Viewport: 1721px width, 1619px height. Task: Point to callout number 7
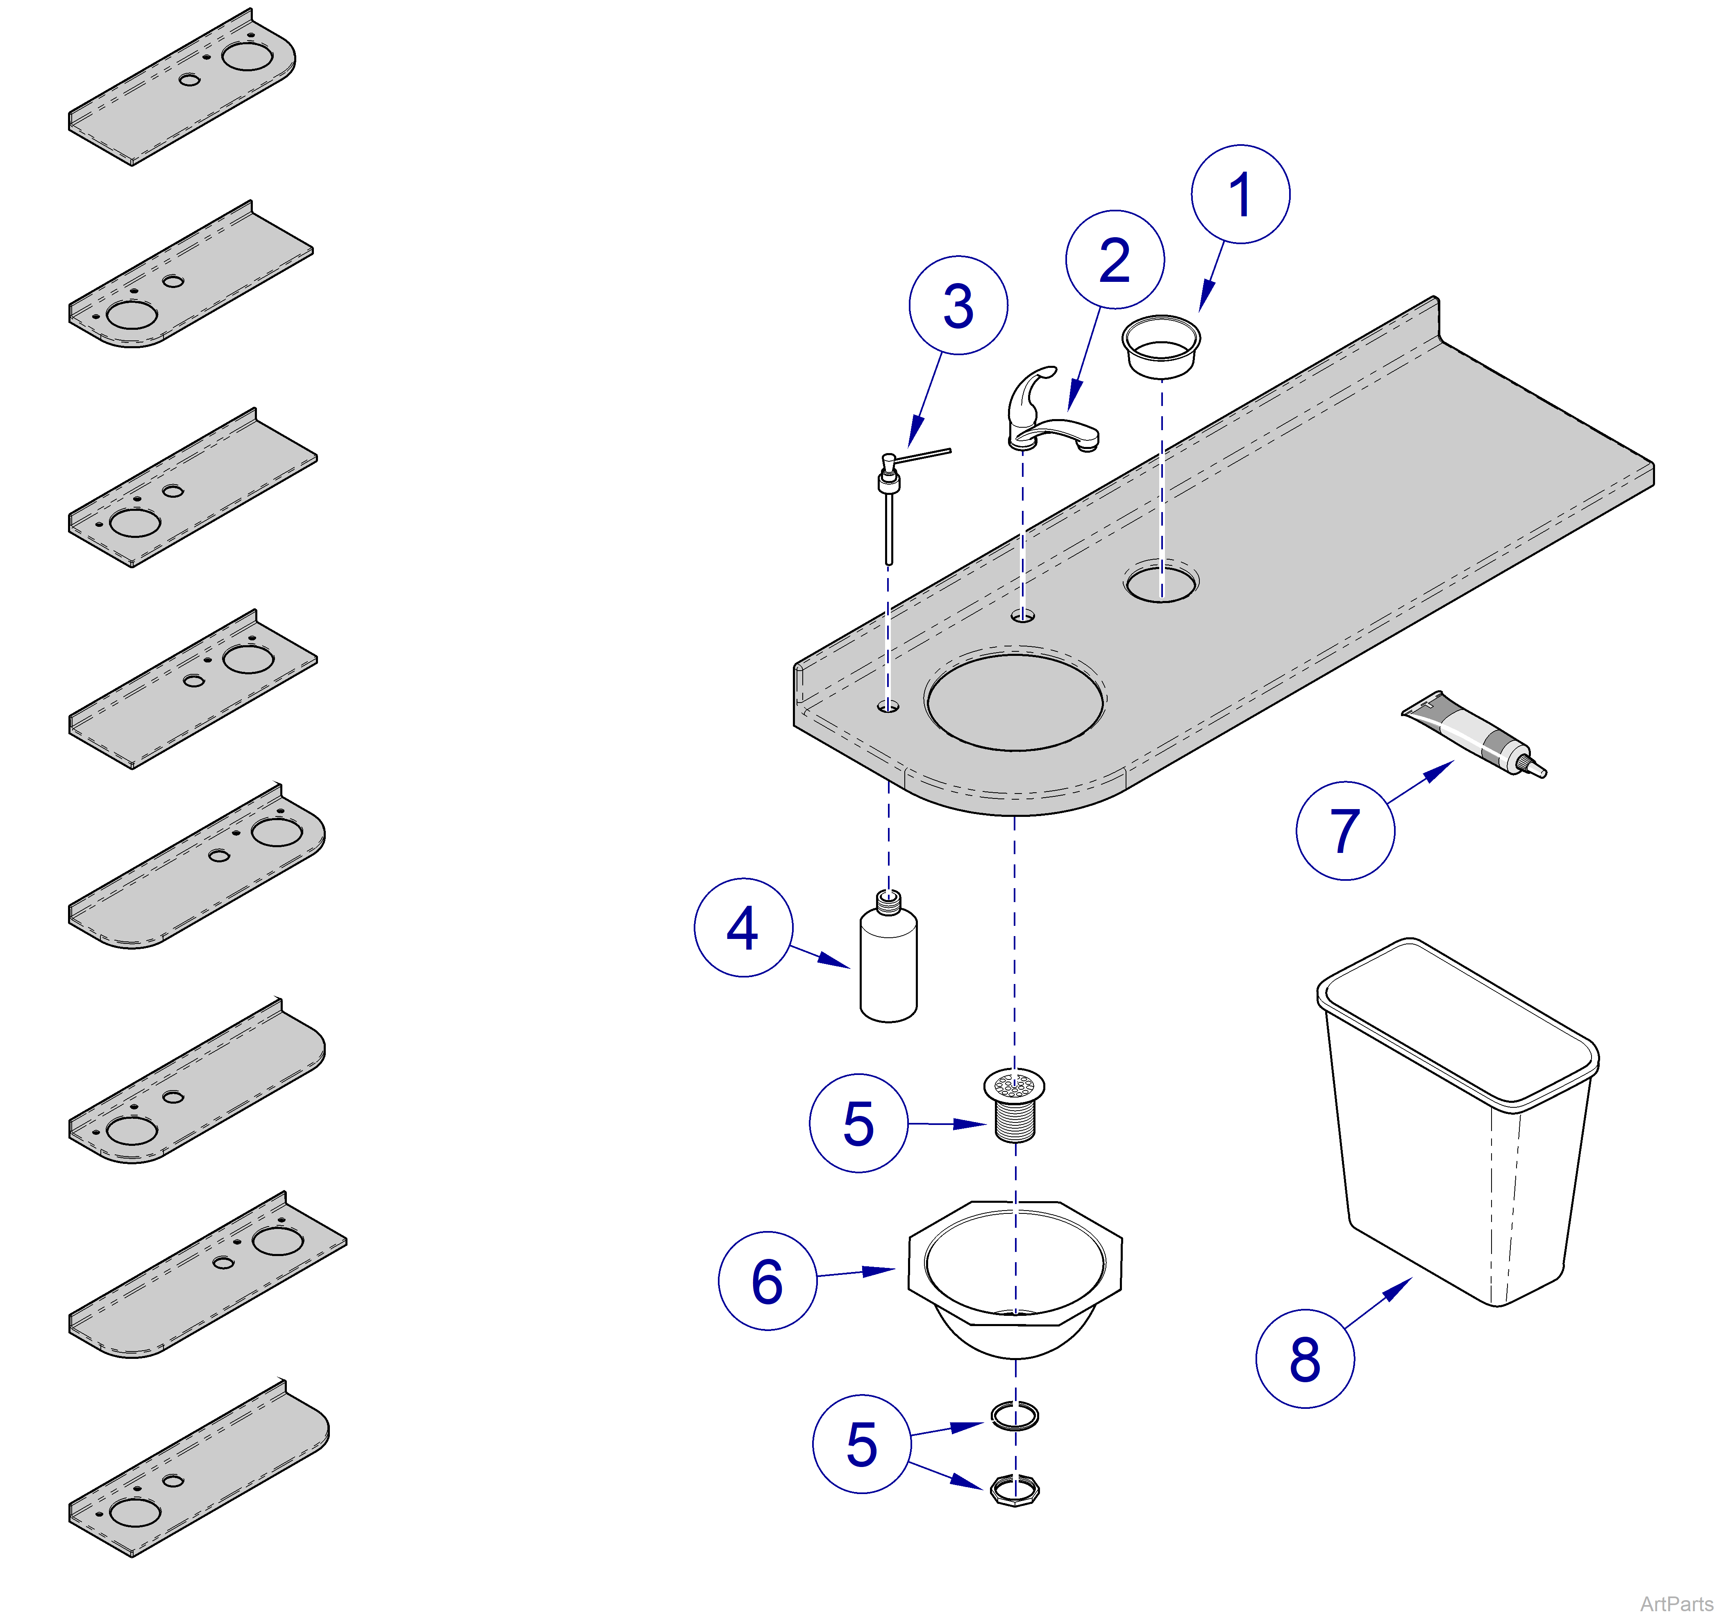point(1344,831)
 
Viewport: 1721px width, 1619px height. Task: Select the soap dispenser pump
point(892,493)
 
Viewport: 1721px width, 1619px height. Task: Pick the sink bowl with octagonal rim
point(1015,1272)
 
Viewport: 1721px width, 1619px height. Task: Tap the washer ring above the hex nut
point(1015,1416)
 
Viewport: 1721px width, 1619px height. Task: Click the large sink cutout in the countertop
point(1015,701)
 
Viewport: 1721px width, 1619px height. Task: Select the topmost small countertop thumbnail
point(182,86)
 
